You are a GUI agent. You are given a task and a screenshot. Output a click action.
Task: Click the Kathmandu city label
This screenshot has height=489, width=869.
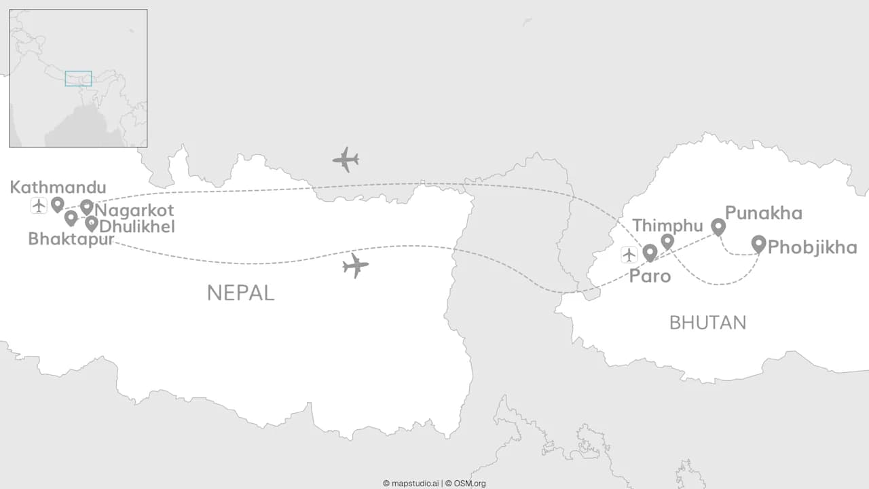[58, 187]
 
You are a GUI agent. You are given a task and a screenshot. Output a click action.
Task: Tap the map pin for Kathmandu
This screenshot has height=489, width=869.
[57, 204]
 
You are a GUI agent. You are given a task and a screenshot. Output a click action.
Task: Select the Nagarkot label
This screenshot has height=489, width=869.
[134, 211]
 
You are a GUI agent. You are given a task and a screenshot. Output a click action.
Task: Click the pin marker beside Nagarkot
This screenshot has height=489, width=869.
[86, 206]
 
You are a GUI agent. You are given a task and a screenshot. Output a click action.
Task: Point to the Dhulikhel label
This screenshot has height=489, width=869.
[136, 226]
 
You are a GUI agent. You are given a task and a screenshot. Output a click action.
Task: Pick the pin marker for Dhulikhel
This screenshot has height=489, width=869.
[91, 223]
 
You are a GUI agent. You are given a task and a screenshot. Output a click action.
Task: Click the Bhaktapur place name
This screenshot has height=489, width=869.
[71, 239]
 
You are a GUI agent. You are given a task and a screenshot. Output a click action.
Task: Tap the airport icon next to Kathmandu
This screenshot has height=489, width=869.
[39, 205]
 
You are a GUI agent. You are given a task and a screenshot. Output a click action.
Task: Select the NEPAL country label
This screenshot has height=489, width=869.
[240, 293]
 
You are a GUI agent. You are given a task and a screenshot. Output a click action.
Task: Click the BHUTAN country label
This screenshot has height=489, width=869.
[707, 323]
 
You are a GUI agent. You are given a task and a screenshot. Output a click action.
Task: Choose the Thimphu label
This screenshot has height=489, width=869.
[667, 225]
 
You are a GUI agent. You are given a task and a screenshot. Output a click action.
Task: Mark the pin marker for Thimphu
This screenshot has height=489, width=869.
[667, 241]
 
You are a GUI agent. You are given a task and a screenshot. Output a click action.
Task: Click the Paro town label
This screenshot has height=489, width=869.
[650, 276]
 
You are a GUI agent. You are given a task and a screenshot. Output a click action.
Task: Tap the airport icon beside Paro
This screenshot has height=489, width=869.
[629, 255]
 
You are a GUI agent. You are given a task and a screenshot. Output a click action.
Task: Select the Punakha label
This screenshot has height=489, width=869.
[763, 213]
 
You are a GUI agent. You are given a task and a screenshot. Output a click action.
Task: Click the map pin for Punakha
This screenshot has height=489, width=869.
[718, 226]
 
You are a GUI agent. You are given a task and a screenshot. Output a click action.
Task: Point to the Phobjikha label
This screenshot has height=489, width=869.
[812, 247]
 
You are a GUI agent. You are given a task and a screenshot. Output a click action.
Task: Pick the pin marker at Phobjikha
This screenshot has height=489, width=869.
[758, 243]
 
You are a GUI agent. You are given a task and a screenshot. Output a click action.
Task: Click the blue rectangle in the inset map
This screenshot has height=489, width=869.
[78, 78]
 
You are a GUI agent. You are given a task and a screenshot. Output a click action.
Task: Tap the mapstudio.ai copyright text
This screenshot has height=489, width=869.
[411, 484]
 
